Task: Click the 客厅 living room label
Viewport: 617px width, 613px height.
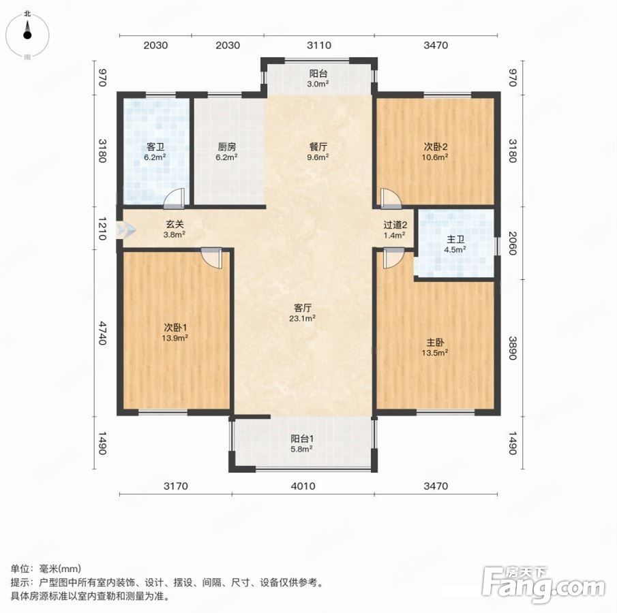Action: (x=303, y=308)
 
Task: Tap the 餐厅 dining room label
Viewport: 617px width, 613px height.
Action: (x=318, y=146)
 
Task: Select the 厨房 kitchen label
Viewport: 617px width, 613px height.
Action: (x=227, y=146)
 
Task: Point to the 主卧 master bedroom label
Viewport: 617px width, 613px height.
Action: (x=435, y=343)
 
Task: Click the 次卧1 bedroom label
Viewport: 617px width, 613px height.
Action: (x=175, y=327)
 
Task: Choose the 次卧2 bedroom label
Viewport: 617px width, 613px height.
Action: (x=436, y=146)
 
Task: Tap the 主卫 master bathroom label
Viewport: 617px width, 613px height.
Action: (x=455, y=239)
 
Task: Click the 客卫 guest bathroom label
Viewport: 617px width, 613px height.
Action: (x=155, y=146)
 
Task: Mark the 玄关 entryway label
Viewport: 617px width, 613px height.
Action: (x=175, y=224)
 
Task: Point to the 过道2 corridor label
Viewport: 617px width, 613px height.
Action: (x=395, y=225)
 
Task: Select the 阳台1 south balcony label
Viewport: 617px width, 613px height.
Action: (x=302, y=439)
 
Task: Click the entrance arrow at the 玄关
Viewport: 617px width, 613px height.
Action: (x=126, y=230)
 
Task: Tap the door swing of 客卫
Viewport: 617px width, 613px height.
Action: (x=175, y=198)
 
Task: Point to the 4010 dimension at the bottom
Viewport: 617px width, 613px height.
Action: (x=303, y=486)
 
